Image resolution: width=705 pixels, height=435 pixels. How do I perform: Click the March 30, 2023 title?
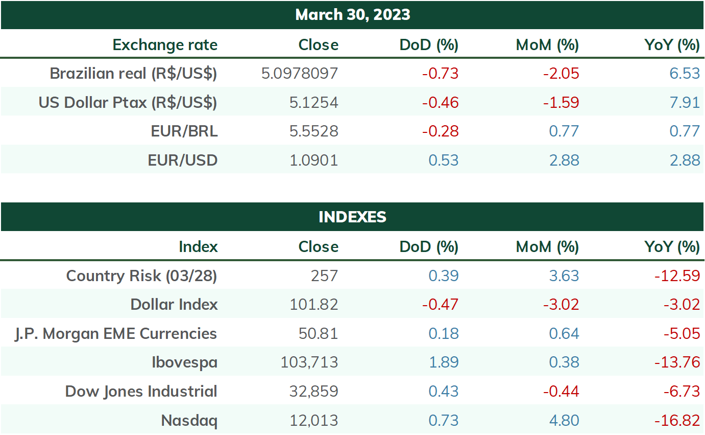click(x=352, y=15)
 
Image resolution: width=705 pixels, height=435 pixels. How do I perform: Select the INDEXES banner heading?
click(x=352, y=217)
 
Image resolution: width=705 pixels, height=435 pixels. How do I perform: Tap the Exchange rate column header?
click(x=165, y=45)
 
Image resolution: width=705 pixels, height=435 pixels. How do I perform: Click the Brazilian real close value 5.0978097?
click(x=300, y=74)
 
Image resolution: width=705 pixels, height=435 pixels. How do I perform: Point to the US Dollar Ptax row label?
click(x=128, y=103)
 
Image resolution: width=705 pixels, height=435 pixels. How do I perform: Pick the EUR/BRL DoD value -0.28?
click(x=441, y=131)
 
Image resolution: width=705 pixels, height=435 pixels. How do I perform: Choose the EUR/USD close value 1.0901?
click(x=314, y=160)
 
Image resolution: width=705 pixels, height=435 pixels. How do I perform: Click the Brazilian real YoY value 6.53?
click(x=685, y=74)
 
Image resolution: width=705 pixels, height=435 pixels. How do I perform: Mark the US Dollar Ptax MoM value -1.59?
click(x=561, y=102)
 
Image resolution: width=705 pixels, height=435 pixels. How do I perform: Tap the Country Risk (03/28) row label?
click(x=141, y=276)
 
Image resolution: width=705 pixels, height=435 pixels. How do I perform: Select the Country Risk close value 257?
click(x=325, y=276)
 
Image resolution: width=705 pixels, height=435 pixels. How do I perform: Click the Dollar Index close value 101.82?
click(x=314, y=305)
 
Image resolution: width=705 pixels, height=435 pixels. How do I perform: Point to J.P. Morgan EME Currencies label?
click(x=116, y=334)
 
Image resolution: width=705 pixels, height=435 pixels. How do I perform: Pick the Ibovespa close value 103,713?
click(x=309, y=362)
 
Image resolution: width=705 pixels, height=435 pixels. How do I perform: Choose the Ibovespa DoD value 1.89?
click(x=444, y=362)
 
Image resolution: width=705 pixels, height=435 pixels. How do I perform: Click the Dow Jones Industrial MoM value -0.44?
click(x=561, y=392)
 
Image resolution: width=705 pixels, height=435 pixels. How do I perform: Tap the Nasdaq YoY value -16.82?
click(x=677, y=421)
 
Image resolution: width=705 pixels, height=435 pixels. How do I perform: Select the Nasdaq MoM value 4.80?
click(x=564, y=421)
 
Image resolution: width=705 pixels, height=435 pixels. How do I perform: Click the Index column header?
click(x=198, y=247)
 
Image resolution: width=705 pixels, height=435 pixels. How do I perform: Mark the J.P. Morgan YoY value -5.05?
click(x=682, y=333)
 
